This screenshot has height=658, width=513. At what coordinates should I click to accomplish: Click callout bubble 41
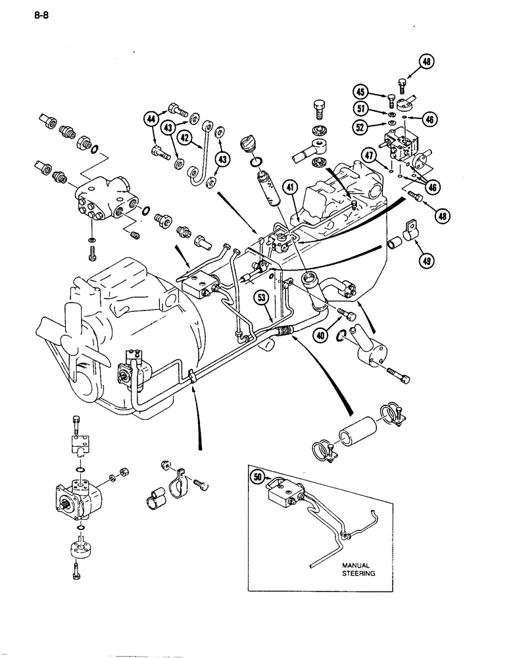(x=290, y=190)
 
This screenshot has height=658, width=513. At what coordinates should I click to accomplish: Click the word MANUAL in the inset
(x=356, y=565)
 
